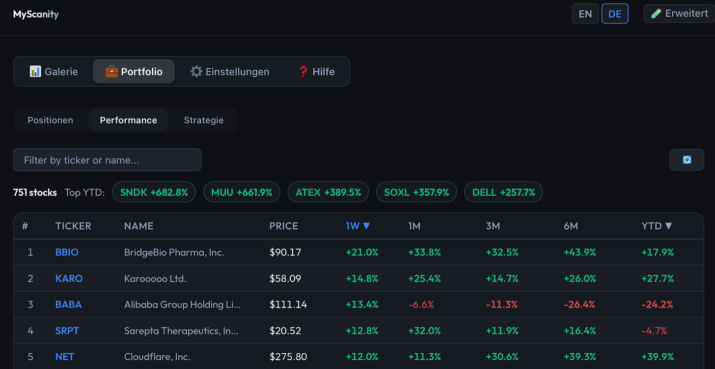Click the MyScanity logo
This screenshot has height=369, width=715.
[x=36, y=14]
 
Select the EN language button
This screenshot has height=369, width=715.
[x=585, y=14]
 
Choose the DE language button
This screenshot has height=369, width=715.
[x=615, y=14]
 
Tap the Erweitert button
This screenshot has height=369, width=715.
[x=679, y=13]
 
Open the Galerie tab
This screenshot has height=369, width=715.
[x=54, y=71]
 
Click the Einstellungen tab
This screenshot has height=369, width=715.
[x=230, y=71]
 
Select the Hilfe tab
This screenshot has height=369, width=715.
[x=317, y=71]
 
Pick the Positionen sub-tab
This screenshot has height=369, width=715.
[x=51, y=120]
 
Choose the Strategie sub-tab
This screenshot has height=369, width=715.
[x=204, y=120]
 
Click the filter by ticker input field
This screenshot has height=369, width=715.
[x=107, y=159]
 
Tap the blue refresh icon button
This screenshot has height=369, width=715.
[x=687, y=159]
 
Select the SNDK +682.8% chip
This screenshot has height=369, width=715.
[x=154, y=192]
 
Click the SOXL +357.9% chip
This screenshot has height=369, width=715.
[x=416, y=192]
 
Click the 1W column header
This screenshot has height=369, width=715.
[x=357, y=226]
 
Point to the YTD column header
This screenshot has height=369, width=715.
[x=657, y=226]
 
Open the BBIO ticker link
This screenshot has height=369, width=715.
[x=67, y=252]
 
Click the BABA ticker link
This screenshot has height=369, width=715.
[x=69, y=305]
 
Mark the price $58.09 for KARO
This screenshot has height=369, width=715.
[x=285, y=278]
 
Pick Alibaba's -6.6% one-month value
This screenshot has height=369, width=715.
[x=421, y=305]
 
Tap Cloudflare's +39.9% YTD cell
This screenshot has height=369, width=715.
[x=658, y=357]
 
